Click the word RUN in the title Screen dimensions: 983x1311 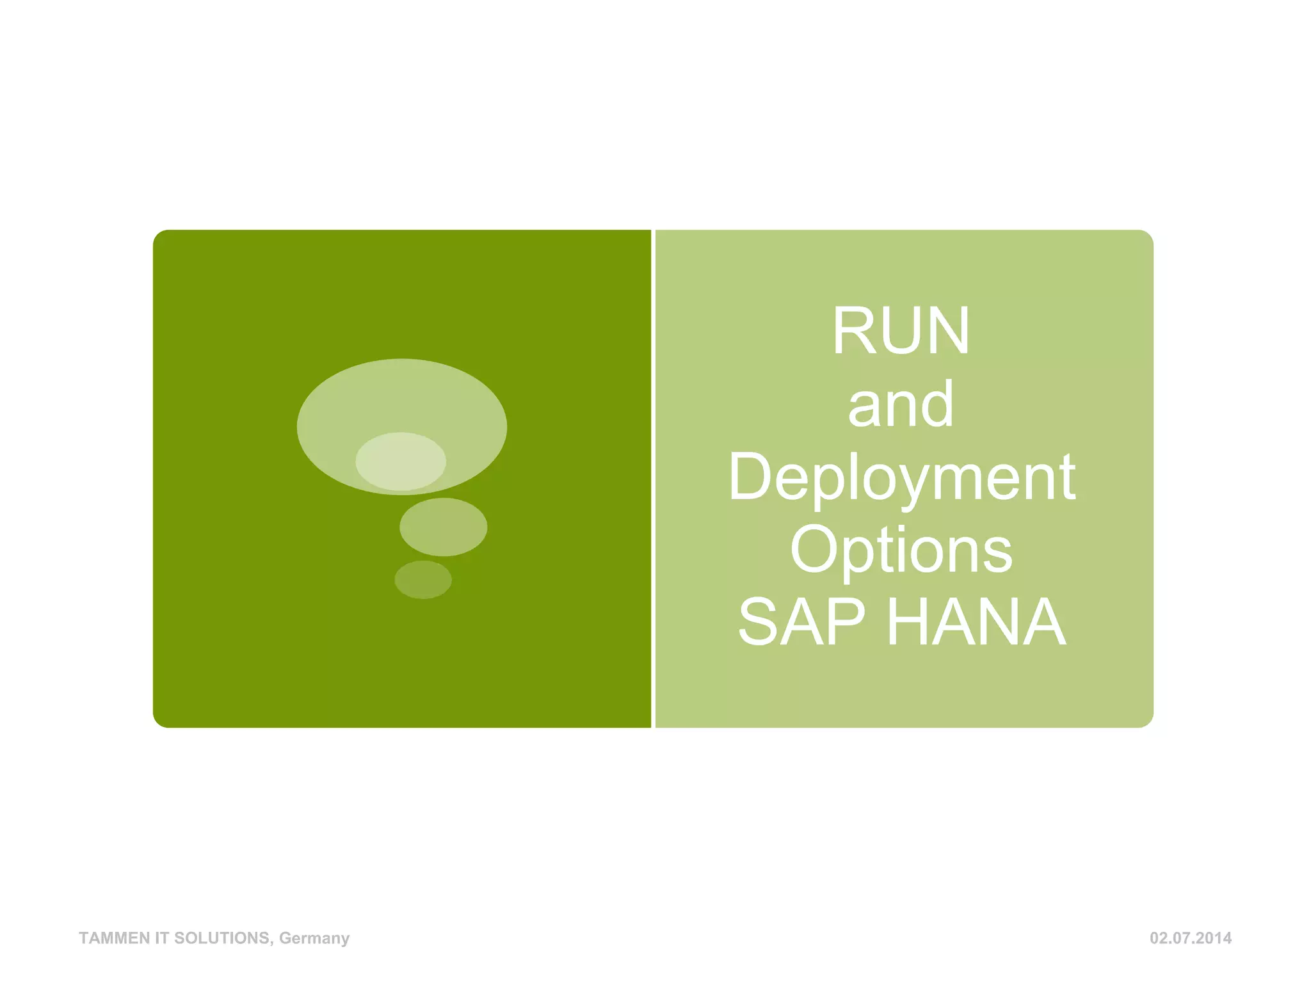(901, 331)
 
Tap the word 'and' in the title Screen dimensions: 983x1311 (901, 404)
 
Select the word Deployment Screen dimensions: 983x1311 (901, 477)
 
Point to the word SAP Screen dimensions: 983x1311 (801, 622)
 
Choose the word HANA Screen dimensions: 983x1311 (977, 622)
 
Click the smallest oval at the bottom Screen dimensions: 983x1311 (423, 580)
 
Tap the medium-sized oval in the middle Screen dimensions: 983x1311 (443, 527)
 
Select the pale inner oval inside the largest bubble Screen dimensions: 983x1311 (401, 461)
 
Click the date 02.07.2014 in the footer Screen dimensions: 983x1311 (1190, 938)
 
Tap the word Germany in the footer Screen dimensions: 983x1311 (314, 938)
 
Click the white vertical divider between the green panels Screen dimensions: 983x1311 (654, 479)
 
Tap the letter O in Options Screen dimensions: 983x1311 (812, 550)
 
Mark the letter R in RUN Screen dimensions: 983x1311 (853, 331)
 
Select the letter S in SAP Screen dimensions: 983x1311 (758, 622)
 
